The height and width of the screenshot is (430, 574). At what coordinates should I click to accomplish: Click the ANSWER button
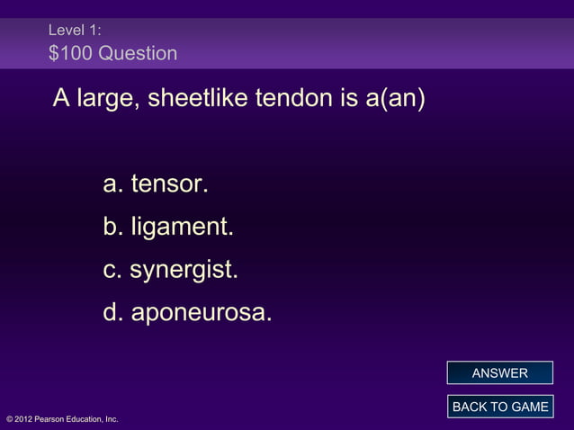[x=499, y=373]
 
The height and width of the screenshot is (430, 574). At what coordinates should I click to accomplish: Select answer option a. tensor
[x=156, y=185]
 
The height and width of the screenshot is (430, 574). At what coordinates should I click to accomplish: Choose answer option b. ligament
[x=168, y=228]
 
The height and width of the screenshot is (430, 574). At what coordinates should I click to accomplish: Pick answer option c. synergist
[x=170, y=271]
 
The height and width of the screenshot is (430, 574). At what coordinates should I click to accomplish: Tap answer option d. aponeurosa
[x=187, y=314]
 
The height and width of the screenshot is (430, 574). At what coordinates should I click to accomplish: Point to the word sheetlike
[x=198, y=98]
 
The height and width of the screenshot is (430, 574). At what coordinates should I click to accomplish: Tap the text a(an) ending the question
[x=392, y=98]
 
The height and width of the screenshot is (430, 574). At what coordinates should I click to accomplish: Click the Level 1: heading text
[x=75, y=31]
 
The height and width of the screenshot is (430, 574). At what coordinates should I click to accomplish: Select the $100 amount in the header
[x=69, y=54]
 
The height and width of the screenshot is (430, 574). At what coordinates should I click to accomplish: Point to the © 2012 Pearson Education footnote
[x=62, y=419]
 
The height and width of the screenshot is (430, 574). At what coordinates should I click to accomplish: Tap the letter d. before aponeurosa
[x=113, y=314]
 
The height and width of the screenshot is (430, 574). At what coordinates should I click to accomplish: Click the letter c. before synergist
[x=112, y=271]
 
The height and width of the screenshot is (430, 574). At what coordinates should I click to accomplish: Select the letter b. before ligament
[x=113, y=228]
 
